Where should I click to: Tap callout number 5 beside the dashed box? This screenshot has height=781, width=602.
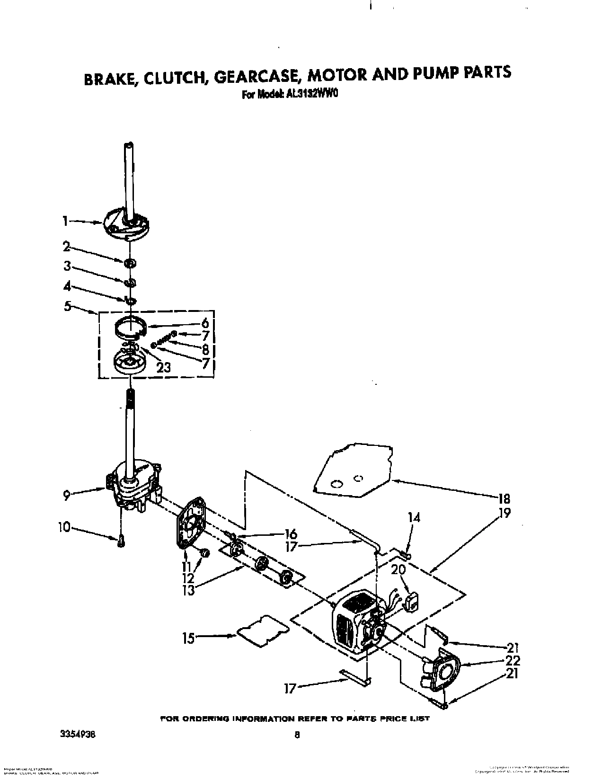pyautogui.click(x=68, y=306)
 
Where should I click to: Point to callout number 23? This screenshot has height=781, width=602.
pyautogui.click(x=163, y=367)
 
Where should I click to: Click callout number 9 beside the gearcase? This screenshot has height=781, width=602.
pyautogui.click(x=67, y=495)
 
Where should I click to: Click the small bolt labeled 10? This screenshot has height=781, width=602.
pyautogui.click(x=121, y=541)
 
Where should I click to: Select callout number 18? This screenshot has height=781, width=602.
pyautogui.click(x=504, y=498)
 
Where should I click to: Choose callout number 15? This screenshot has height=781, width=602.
pyautogui.click(x=188, y=638)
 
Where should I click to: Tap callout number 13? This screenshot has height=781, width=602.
pyautogui.click(x=188, y=590)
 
